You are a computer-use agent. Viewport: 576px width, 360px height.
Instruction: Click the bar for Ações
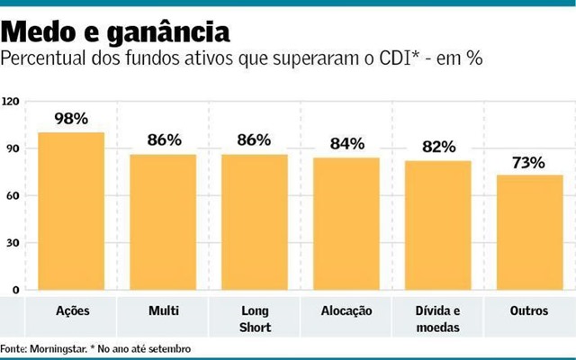pos(71,211)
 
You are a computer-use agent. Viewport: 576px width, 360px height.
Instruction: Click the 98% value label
pos(71,119)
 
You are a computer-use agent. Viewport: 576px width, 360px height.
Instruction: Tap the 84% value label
pos(346,143)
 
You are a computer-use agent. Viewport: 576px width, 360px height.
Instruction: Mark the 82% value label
pos(438,147)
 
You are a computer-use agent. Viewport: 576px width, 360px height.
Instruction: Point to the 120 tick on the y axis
pos(12,102)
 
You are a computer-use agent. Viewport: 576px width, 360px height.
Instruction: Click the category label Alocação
pos(346,310)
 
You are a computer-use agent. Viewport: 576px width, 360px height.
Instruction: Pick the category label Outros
pos(530,310)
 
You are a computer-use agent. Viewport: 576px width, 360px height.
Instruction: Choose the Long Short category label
pos(255,319)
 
